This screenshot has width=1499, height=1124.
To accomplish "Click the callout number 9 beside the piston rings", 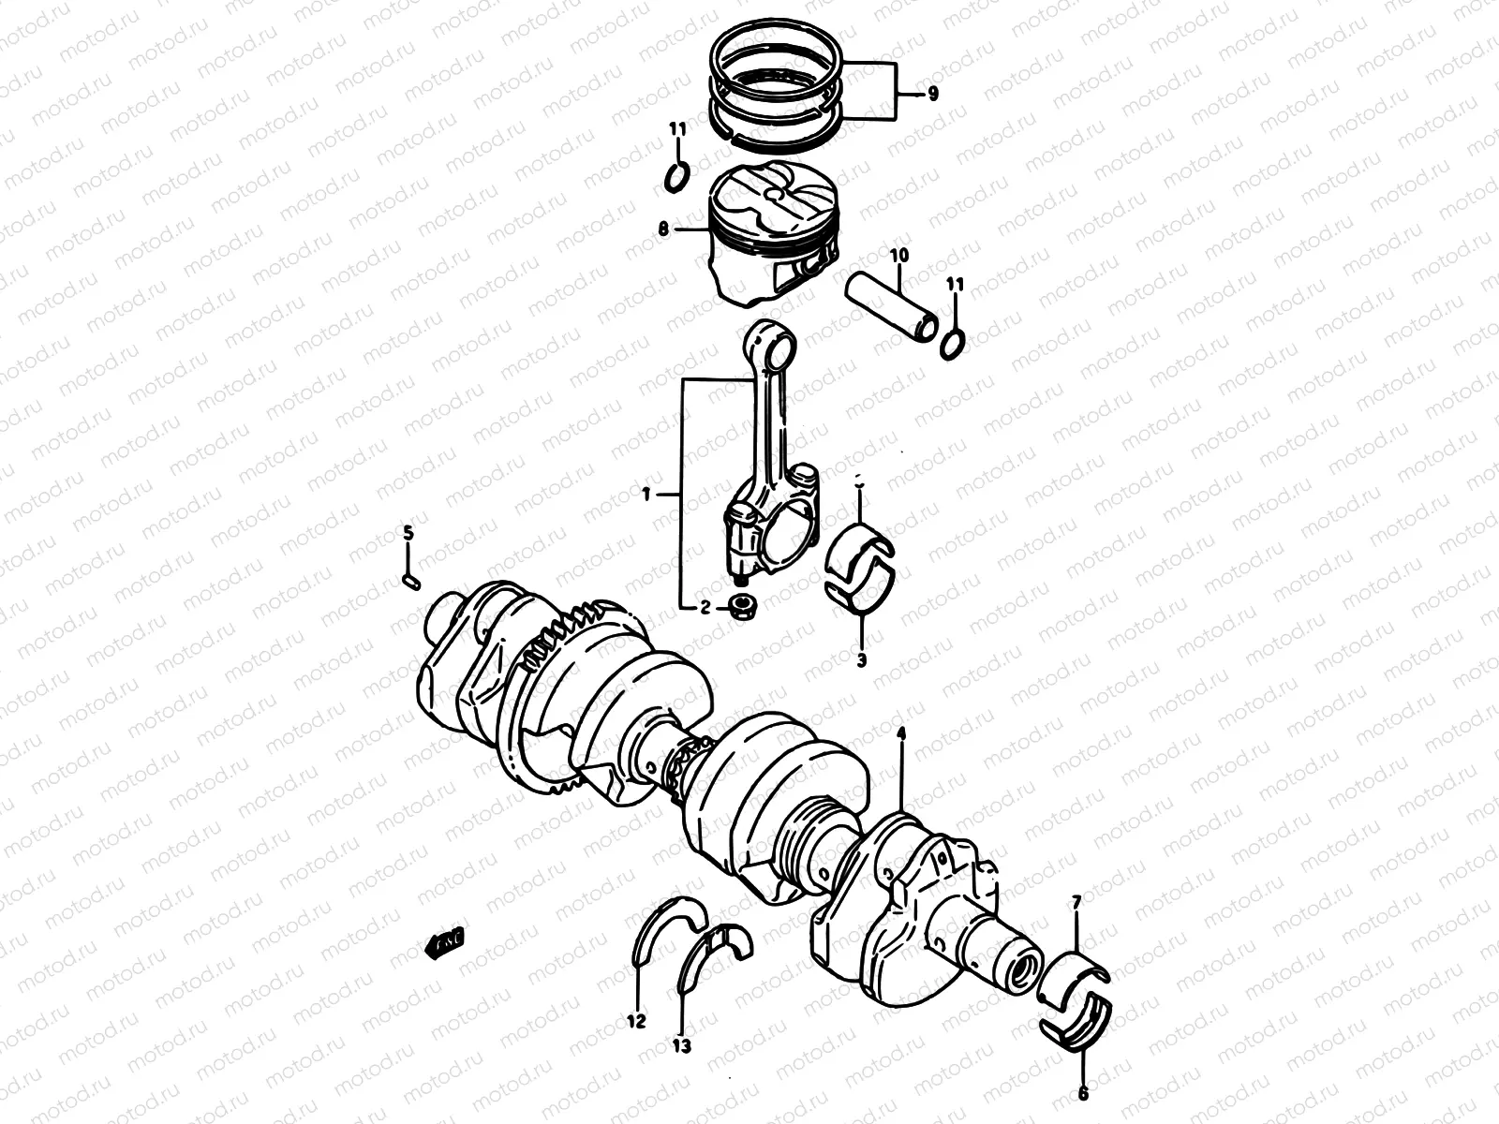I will pos(932,94).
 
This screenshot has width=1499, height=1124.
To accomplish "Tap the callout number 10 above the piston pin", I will pos(898,255).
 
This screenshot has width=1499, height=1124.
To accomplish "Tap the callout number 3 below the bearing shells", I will pos(860,659).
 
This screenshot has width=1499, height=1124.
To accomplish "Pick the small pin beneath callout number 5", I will pos(409,580).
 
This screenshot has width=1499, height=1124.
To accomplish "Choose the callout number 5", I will pos(408,533).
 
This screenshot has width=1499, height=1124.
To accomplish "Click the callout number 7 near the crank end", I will pos(1076,902).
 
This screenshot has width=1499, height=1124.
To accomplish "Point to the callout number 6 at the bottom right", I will pos(1084,1092).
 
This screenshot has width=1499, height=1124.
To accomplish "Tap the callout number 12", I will pos(637,1021).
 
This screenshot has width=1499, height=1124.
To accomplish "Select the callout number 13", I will pos(682,1046).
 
